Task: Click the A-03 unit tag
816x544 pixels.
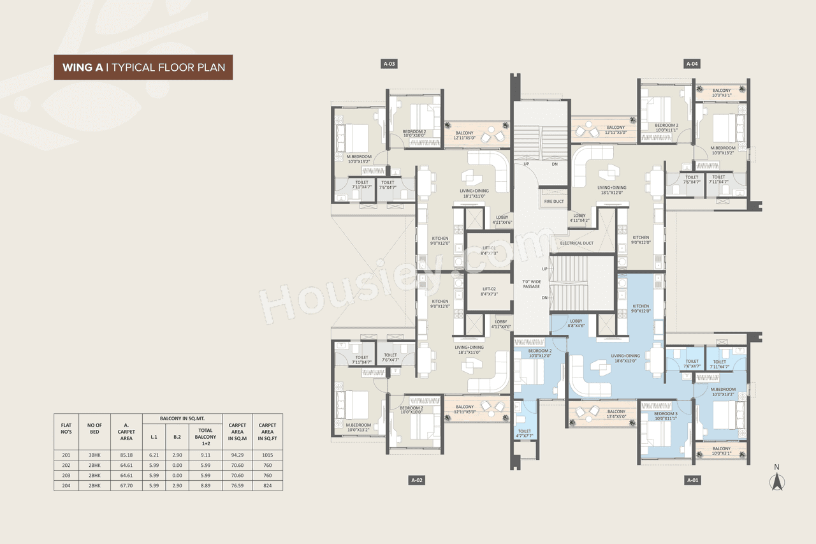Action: tap(390, 64)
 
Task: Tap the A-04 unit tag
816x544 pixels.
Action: tap(692, 64)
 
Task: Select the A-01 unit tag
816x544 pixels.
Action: tap(692, 480)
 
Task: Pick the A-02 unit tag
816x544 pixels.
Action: tap(417, 480)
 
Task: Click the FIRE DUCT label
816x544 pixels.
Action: tap(554, 202)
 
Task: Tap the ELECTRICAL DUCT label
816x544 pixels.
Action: tap(576, 243)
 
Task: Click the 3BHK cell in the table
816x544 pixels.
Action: tap(95, 455)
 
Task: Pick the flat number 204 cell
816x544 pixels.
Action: tap(66, 485)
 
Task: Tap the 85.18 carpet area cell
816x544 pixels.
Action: tap(126, 455)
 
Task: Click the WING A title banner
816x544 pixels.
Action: tap(143, 67)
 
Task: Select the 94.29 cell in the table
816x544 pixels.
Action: tap(237, 455)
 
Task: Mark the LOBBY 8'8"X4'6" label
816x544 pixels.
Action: tap(576, 323)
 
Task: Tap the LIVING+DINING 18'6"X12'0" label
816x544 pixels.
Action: tap(625, 359)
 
